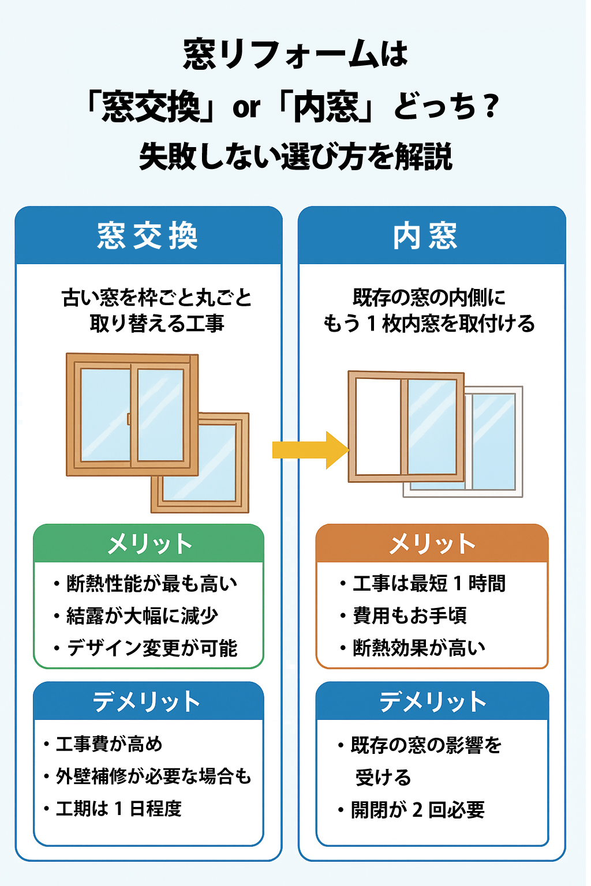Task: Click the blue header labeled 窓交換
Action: pyautogui.click(x=148, y=236)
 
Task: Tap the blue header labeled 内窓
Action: pyautogui.click(x=425, y=236)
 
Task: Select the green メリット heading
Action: pyautogui.click(x=149, y=544)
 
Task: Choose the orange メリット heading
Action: pyautogui.click(x=432, y=544)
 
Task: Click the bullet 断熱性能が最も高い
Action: pyautogui.click(x=151, y=584)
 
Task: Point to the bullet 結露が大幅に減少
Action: pyautogui.click(x=142, y=616)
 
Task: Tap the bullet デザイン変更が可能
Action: pyautogui.click(x=152, y=648)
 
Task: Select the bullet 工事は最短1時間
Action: pyautogui.click(x=429, y=584)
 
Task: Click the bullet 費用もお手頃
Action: pyautogui.click(x=410, y=616)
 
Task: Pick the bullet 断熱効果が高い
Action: pyautogui.click(x=419, y=648)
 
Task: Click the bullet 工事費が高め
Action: pyautogui.click(x=109, y=744)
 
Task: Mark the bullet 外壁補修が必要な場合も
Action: pyautogui.click(x=154, y=776)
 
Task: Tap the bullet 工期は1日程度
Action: pyautogui.click(x=119, y=809)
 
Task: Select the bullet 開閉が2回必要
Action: pyautogui.click(x=418, y=810)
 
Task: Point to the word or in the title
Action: pyautogui.click(x=246, y=108)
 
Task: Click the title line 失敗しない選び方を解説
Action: pyautogui.click(x=295, y=157)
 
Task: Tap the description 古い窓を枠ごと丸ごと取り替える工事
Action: pyautogui.click(x=156, y=310)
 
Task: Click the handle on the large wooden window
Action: pyautogui.click(x=129, y=418)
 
